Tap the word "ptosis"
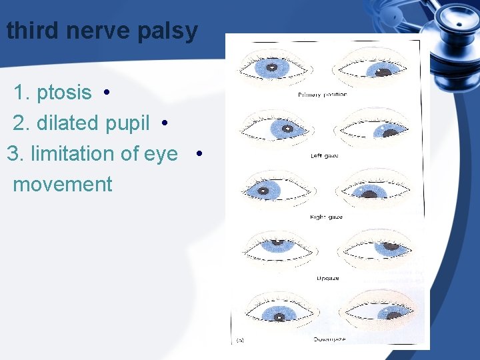click(63, 93)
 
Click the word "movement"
click(63, 184)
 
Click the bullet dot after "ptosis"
click(107, 93)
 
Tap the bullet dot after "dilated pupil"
click(164, 124)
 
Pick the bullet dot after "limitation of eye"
click(199, 155)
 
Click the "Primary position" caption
click(323, 95)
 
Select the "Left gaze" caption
click(325, 156)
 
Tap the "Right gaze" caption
click(326, 217)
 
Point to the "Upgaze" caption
click(327, 278)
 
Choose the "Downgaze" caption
click(329, 340)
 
